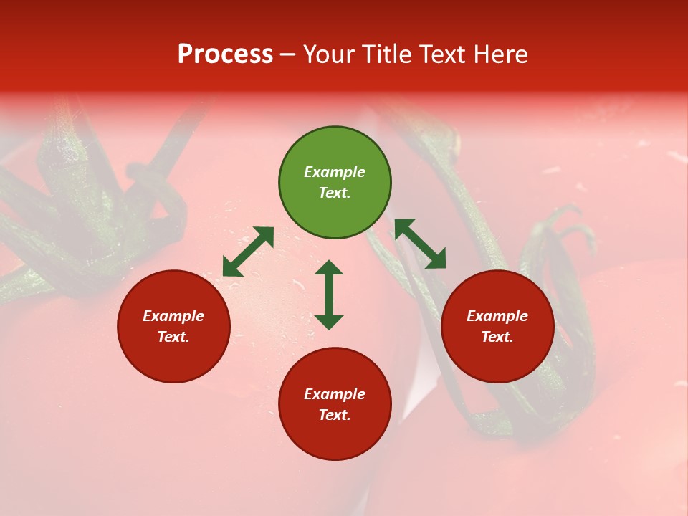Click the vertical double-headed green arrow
(x=329, y=295)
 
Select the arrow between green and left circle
(x=248, y=251)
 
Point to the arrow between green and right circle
(x=420, y=244)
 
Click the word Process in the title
(x=225, y=54)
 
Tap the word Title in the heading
(x=388, y=54)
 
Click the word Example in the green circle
(x=335, y=172)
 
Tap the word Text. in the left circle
(x=173, y=337)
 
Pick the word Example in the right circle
(x=497, y=316)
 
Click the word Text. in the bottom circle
(x=335, y=415)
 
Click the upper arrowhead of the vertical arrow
(x=329, y=267)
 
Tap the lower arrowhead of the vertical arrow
(x=329, y=322)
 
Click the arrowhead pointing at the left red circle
(x=230, y=269)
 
